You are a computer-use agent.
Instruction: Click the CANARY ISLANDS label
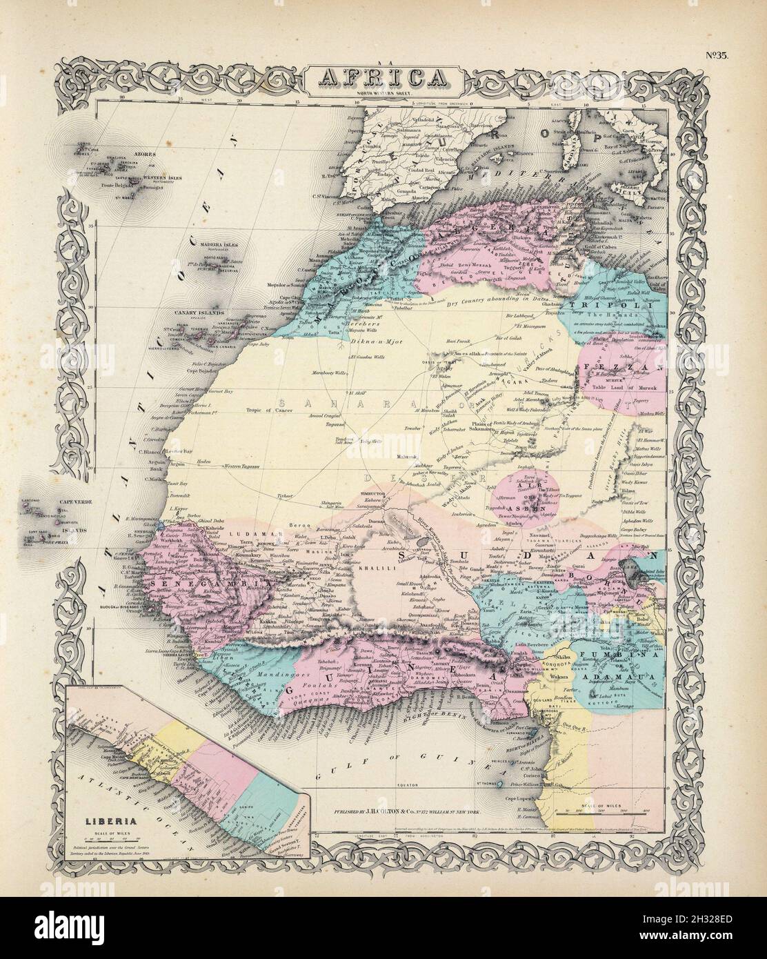(202, 313)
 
